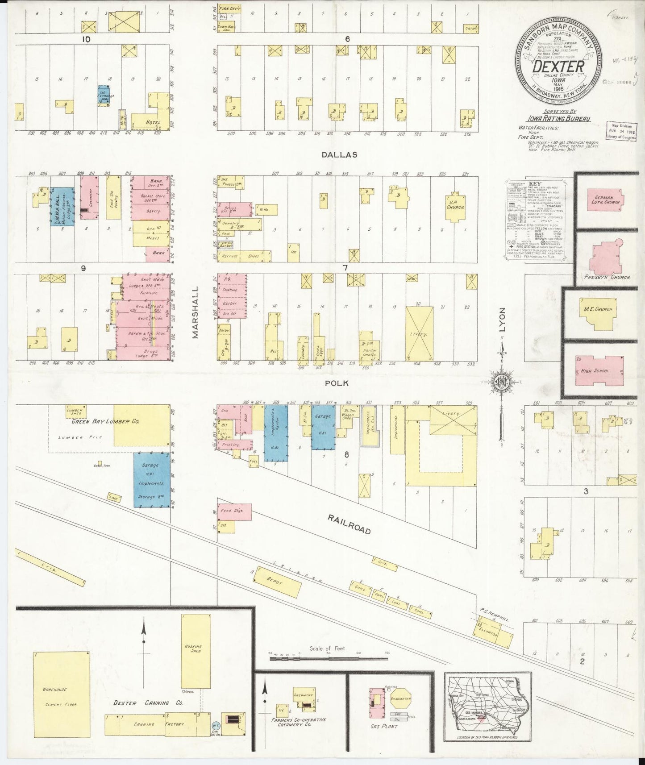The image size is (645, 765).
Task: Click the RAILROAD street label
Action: (x=349, y=524)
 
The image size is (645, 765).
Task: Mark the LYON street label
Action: (x=503, y=320)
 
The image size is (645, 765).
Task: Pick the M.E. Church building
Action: (x=598, y=311)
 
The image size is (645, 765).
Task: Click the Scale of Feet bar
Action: (x=328, y=658)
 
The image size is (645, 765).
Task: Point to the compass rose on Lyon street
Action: (x=500, y=382)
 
